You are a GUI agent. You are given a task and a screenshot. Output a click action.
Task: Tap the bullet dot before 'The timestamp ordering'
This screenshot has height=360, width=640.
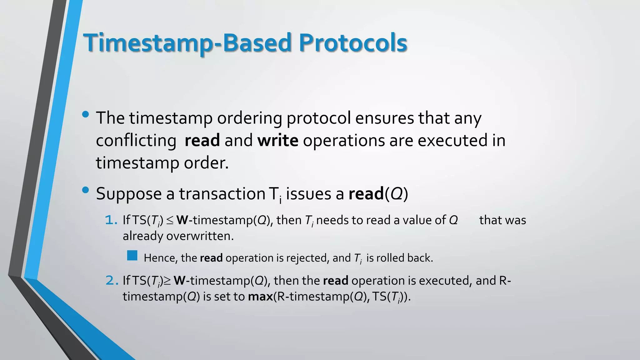(x=85, y=115)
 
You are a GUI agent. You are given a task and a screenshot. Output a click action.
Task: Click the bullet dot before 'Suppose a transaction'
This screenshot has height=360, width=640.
(x=85, y=190)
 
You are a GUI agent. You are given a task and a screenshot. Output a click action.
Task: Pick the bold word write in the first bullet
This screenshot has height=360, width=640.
(x=277, y=140)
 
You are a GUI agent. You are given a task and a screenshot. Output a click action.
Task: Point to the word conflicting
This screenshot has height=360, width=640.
(x=136, y=140)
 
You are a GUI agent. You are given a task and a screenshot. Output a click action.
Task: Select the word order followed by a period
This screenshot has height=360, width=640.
(x=206, y=163)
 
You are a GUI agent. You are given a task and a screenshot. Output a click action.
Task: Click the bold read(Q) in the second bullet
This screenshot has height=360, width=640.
(x=378, y=194)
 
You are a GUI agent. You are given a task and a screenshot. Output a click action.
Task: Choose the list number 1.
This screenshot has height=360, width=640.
(x=111, y=220)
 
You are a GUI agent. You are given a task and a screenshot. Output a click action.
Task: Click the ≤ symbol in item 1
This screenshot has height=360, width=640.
(x=170, y=221)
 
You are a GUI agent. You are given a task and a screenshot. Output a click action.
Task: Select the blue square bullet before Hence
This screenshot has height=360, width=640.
(x=132, y=256)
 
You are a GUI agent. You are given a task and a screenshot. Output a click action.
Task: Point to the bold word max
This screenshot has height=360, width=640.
(x=260, y=296)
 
